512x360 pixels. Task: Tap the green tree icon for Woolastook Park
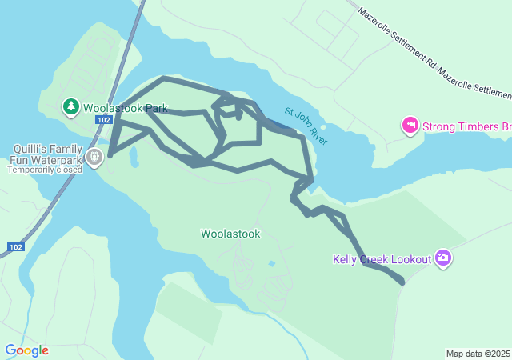coord(70,106)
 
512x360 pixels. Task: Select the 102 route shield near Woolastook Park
coord(102,120)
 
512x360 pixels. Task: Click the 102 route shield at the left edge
coord(15,247)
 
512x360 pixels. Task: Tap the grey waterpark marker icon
coord(95,157)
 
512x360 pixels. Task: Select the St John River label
coord(306,126)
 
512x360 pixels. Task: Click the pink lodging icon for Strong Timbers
coord(410,126)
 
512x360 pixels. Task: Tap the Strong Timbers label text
coord(466,126)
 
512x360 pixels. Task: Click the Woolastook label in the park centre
coord(230,234)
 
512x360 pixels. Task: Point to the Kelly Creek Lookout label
coord(382,258)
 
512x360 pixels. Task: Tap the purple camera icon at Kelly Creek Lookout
coord(443,258)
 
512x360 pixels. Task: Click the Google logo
coord(26,350)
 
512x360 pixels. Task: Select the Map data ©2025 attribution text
coord(478,354)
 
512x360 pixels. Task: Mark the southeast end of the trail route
coord(402,282)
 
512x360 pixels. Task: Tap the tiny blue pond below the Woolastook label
coord(272,263)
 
